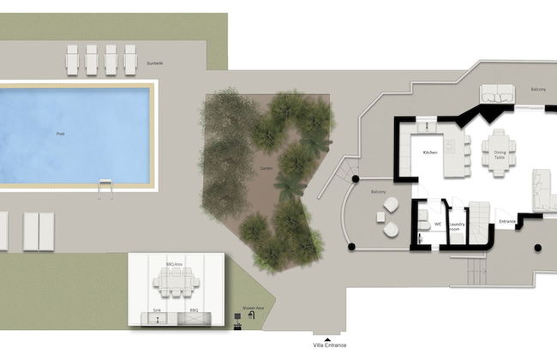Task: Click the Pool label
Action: tap(59, 135)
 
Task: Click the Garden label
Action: tap(266, 170)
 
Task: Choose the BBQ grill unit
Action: tap(194, 318)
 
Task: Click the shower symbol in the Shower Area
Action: tap(251, 315)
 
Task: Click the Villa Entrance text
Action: tap(330, 345)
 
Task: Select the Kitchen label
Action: tap(430, 153)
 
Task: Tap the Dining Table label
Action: tap(500, 155)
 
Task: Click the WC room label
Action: tap(436, 225)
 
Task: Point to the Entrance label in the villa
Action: tap(507, 221)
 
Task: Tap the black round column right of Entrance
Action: tap(537, 248)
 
